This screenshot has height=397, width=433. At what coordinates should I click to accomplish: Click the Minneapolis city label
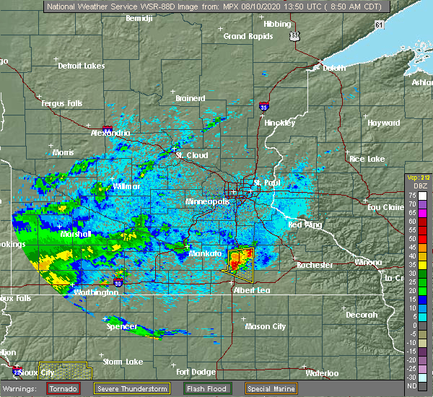[208, 202]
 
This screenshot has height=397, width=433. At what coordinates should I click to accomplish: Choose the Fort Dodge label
[193, 372]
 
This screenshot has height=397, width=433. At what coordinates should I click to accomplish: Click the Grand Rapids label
[243, 36]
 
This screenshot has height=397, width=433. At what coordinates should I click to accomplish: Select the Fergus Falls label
[62, 103]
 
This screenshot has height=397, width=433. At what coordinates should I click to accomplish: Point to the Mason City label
[266, 326]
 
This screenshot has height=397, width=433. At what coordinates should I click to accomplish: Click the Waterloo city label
[323, 373]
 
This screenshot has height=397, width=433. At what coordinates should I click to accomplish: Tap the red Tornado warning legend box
[64, 388]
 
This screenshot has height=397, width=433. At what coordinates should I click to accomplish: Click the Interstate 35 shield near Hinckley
[264, 105]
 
